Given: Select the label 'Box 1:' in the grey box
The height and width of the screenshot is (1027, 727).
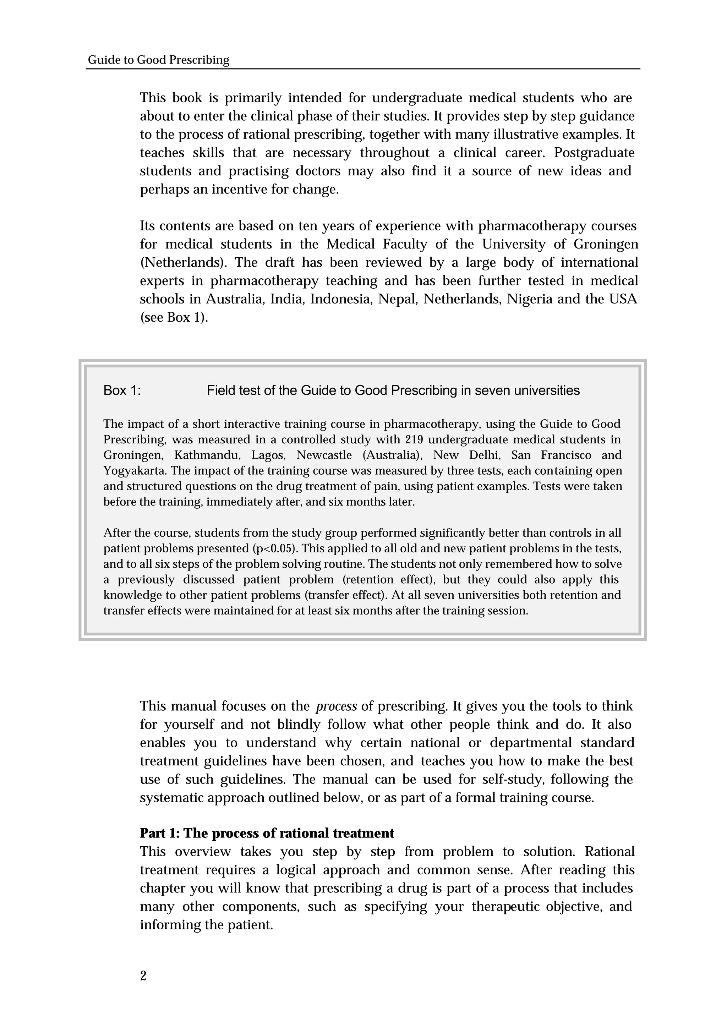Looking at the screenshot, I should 122,390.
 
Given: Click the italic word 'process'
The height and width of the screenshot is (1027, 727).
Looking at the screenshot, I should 336,706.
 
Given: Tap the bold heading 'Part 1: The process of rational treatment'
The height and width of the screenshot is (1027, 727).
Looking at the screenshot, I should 267,833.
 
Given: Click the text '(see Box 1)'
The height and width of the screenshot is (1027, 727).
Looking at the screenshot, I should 174,317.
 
